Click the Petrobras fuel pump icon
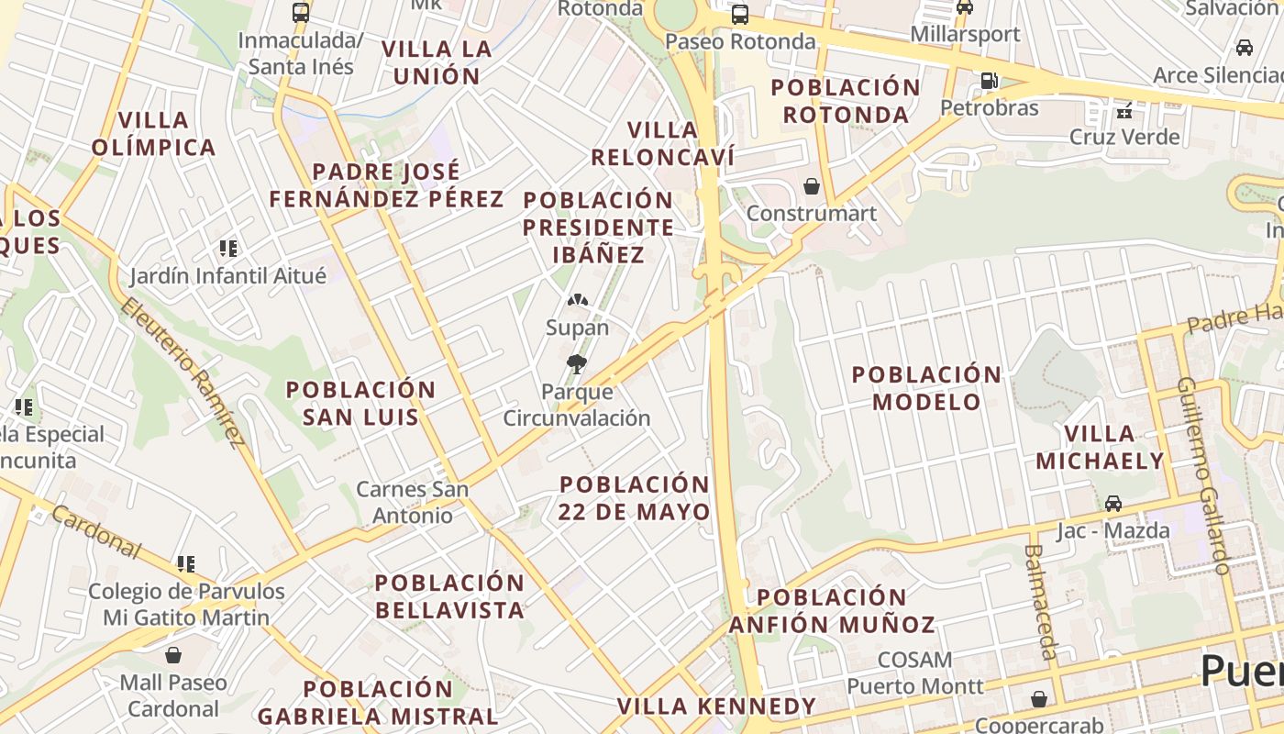(x=989, y=81)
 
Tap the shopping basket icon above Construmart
(x=812, y=187)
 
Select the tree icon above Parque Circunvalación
(x=577, y=364)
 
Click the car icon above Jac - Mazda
(x=1112, y=504)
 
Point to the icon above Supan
(x=577, y=300)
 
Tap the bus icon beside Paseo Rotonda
(x=740, y=15)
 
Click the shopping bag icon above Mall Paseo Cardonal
(x=173, y=655)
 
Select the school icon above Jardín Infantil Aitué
(x=228, y=248)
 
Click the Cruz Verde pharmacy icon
(x=1124, y=110)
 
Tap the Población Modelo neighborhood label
(x=926, y=388)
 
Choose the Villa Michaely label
(x=1100, y=447)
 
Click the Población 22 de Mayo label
(x=635, y=498)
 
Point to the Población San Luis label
(x=360, y=403)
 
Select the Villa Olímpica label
(x=153, y=133)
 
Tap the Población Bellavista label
(x=449, y=596)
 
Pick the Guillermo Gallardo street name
(x=1202, y=475)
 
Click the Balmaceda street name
(x=1040, y=601)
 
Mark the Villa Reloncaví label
(x=662, y=143)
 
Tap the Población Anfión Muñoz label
(x=832, y=611)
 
